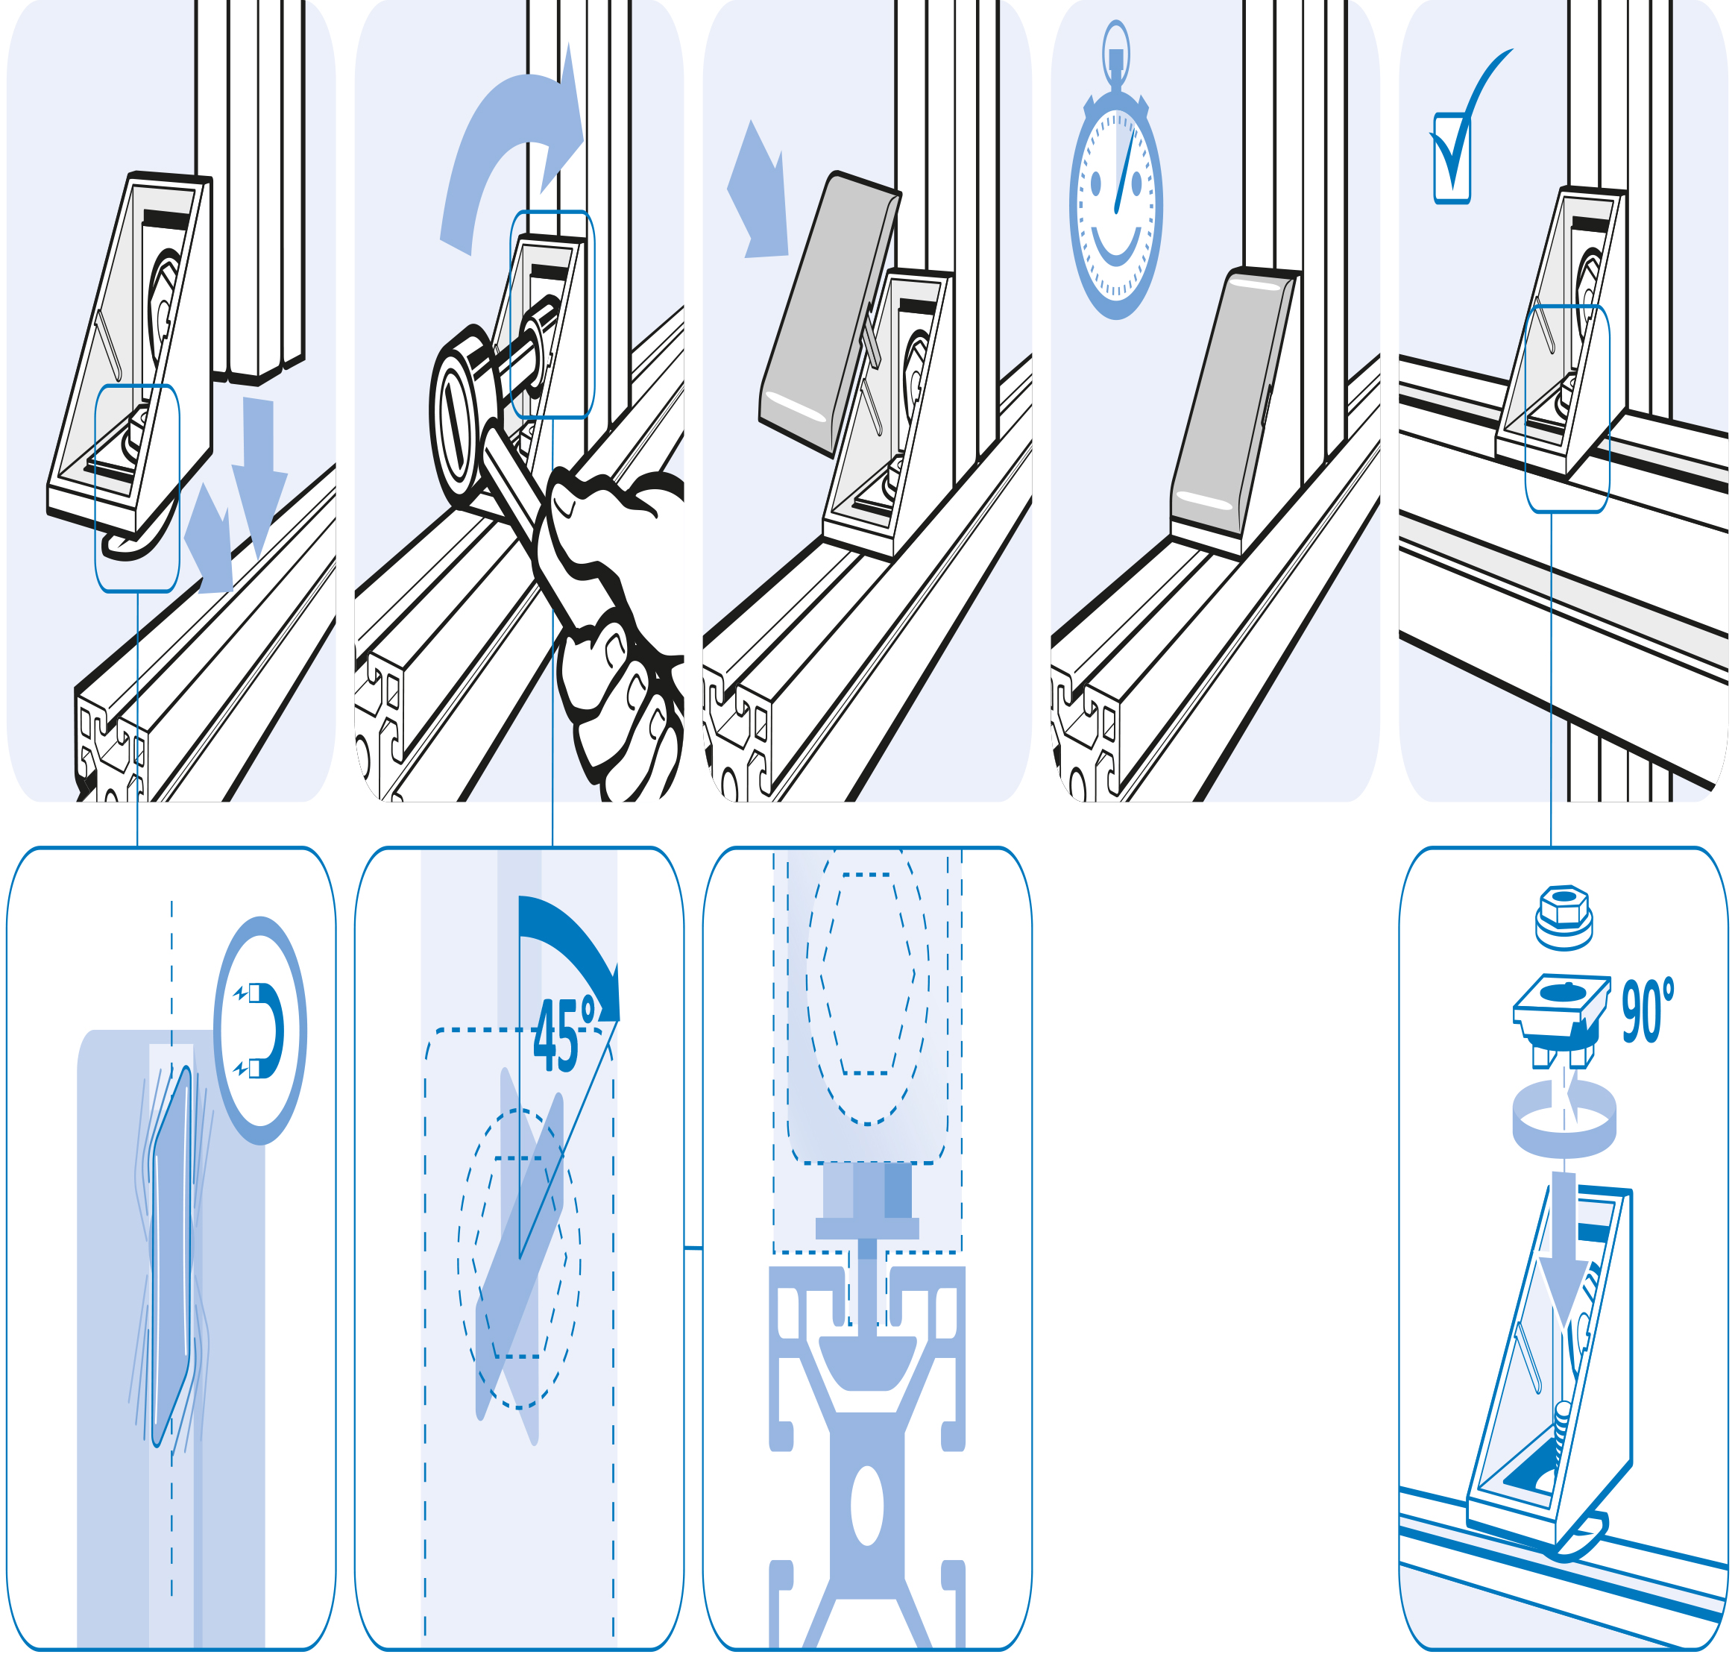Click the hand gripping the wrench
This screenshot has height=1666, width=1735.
(611, 620)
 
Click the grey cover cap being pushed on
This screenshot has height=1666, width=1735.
(828, 314)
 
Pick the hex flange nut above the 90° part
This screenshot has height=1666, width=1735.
(1564, 918)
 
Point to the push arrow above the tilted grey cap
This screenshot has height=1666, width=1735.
(758, 191)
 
